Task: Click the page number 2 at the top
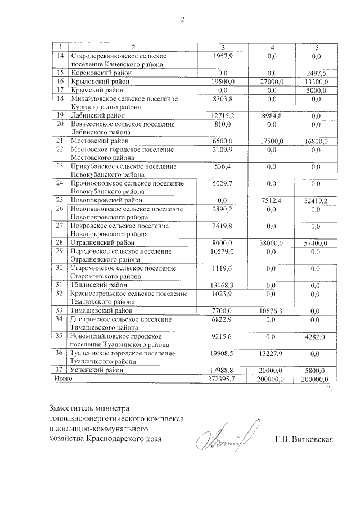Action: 182,21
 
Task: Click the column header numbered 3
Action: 223,46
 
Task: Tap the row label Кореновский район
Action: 100,73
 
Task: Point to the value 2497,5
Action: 316,73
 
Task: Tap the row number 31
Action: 60,285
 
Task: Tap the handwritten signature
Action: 223,437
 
